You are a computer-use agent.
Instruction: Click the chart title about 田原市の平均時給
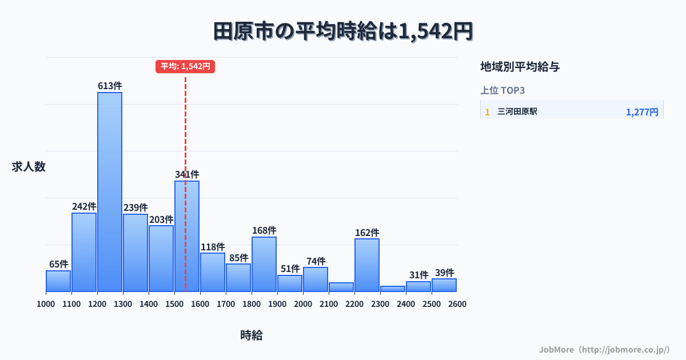[x=343, y=31]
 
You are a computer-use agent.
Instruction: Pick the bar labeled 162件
[x=367, y=265]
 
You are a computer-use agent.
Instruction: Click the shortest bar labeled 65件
[x=58, y=281]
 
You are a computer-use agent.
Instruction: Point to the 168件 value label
[x=264, y=230]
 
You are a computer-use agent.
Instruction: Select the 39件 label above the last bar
[x=444, y=273]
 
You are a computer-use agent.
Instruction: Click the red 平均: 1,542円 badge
[x=185, y=66]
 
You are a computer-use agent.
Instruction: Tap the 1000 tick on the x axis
[x=46, y=304]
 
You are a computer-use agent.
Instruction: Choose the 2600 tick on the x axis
[x=457, y=304]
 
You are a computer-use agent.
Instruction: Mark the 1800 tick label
[x=252, y=304]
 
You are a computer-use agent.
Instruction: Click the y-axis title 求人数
[x=29, y=167]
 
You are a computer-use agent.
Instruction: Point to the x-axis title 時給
[x=252, y=335]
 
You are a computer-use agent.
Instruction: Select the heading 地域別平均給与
[x=520, y=67]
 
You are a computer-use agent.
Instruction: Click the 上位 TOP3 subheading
[x=502, y=90]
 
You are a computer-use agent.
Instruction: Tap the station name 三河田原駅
[x=517, y=112]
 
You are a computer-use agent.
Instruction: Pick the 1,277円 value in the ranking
[x=642, y=112]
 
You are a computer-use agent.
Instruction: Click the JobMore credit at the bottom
[x=604, y=349]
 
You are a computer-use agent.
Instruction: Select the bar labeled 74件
[x=316, y=279]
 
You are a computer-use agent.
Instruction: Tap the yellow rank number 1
[x=488, y=112]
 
